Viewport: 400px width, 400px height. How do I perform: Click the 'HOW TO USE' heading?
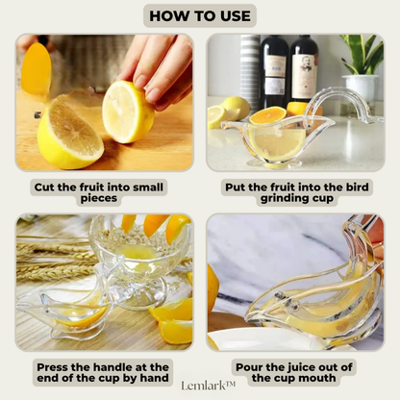click(x=199, y=15)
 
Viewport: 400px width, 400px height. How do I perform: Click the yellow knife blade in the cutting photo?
click(x=36, y=69)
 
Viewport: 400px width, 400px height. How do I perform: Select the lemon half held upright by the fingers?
click(x=127, y=112)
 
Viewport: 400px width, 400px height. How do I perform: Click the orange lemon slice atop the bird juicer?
click(x=268, y=114)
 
